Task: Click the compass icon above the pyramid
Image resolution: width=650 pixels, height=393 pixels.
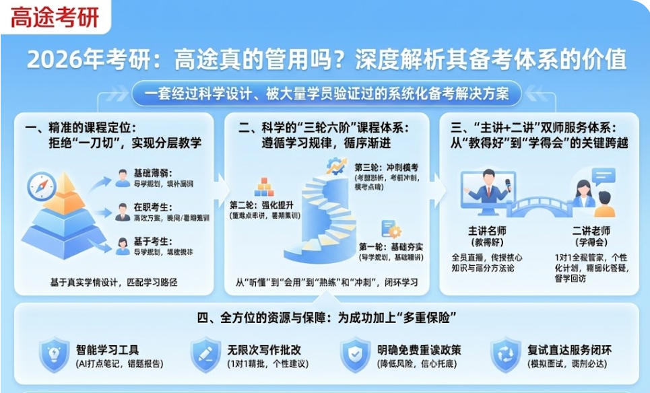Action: coord(42,187)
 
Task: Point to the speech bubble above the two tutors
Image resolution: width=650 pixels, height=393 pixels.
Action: coord(603,176)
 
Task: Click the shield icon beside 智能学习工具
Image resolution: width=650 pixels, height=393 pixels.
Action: coord(53,355)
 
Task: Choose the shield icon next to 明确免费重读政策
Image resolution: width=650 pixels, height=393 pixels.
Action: coord(354,355)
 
